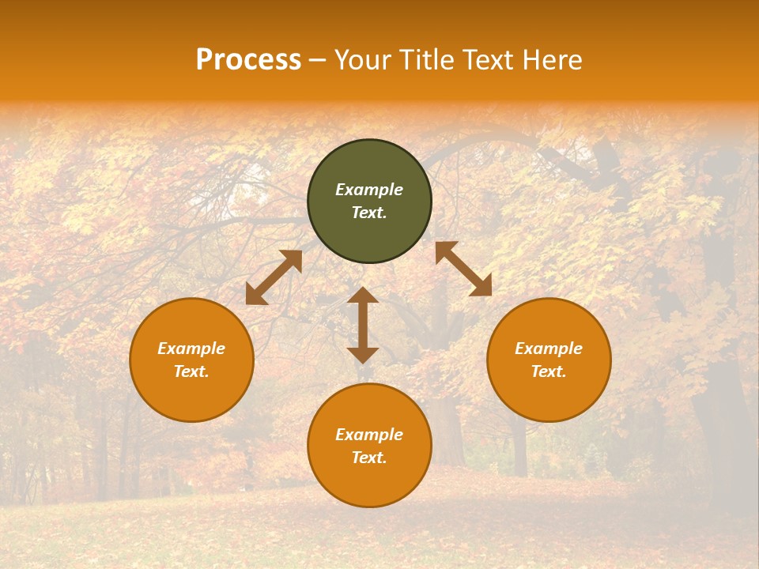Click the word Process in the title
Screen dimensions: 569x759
(248, 60)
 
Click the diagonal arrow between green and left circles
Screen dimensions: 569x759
(274, 277)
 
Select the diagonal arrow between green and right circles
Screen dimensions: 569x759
(463, 269)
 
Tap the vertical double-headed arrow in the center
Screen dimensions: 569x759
(363, 325)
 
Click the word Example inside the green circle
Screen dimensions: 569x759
(369, 190)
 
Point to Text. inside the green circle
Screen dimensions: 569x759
(369, 213)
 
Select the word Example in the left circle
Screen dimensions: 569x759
(191, 349)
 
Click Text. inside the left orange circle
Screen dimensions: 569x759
(191, 371)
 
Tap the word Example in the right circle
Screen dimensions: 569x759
(549, 349)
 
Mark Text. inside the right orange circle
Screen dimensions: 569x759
(549, 371)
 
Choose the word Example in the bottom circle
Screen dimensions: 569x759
(369, 435)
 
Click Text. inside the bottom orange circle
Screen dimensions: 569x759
(369, 458)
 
